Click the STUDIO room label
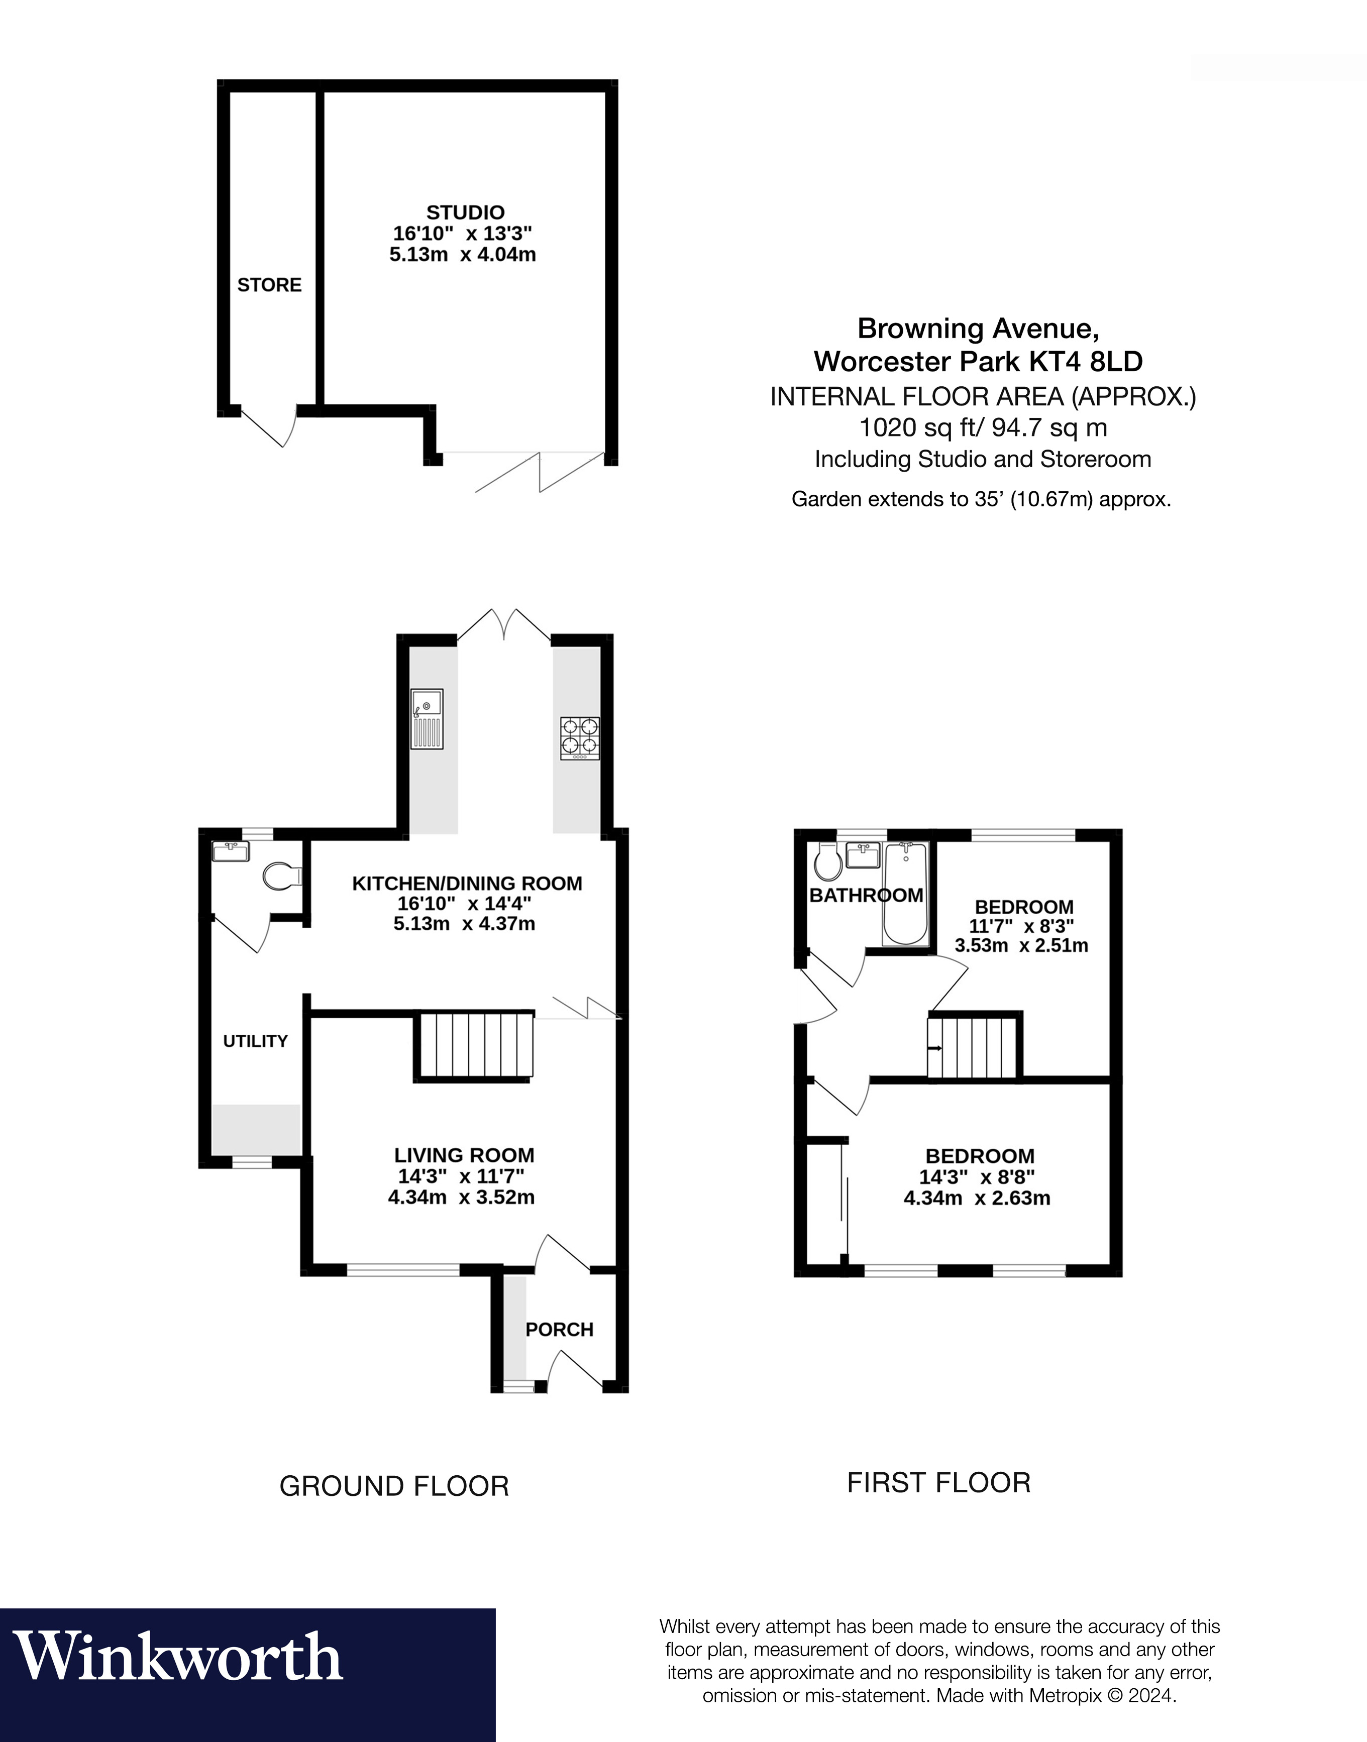coord(465,213)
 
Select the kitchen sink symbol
coord(427,719)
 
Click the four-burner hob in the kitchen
coord(579,737)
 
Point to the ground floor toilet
coord(280,876)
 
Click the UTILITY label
coord(255,1041)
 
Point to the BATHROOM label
coord(866,896)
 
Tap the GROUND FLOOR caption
coord(394,1486)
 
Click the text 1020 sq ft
coord(917,427)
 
